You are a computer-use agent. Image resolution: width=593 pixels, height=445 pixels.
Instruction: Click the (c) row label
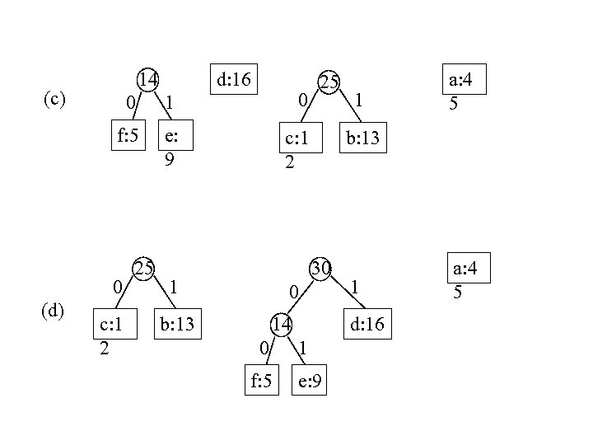(54, 100)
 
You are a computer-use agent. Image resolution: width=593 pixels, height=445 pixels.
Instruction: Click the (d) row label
(54, 311)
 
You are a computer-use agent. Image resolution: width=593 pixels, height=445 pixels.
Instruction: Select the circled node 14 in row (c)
(148, 80)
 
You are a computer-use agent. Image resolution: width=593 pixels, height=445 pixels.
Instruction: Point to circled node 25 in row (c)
(329, 82)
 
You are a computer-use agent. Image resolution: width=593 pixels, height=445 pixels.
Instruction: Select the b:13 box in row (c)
(362, 137)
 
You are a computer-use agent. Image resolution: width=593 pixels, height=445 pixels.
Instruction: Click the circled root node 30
(320, 268)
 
